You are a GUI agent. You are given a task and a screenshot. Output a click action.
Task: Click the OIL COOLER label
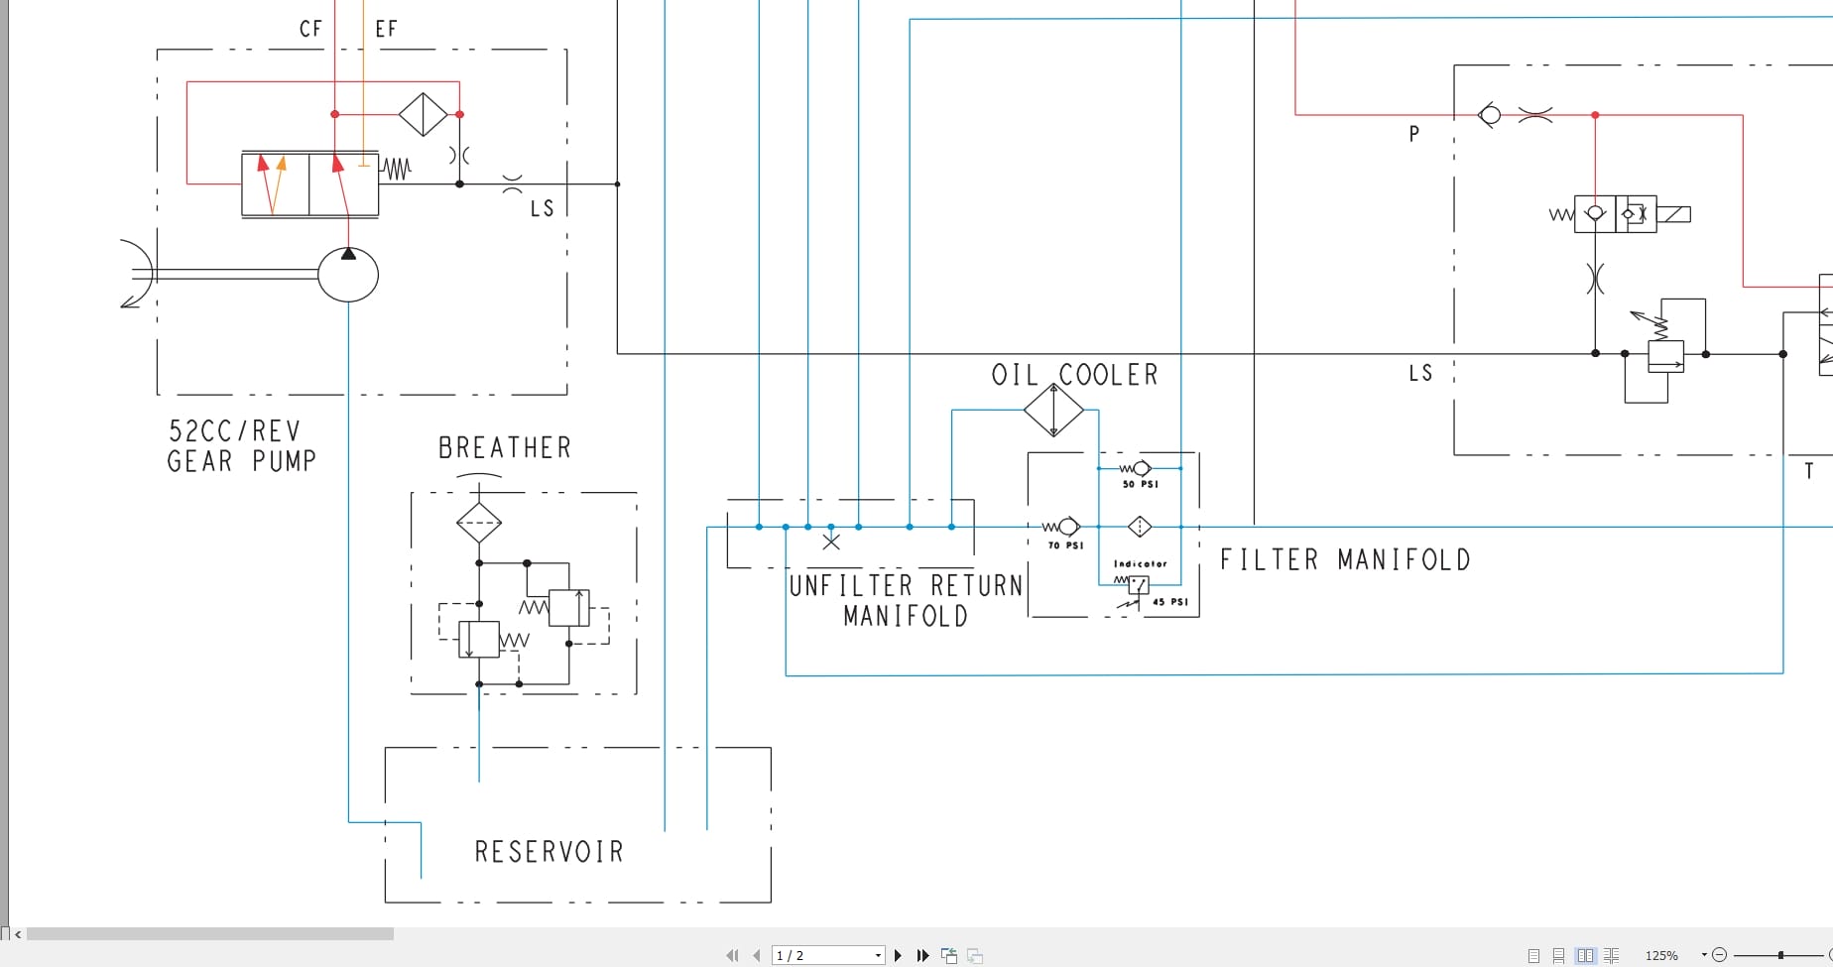(x=1074, y=375)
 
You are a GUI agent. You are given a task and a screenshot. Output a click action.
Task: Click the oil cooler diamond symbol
(x=1053, y=410)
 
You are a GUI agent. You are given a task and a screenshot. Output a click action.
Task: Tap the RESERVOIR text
(x=549, y=852)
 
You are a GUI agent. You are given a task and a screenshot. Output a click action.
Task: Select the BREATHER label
(x=505, y=448)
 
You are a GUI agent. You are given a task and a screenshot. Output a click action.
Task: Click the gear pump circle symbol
(x=348, y=275)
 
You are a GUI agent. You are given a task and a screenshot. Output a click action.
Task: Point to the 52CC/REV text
(x=234, y=431)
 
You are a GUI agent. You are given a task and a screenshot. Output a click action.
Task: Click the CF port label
(x=310, y=29)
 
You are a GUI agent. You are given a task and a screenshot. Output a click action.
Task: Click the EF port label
(x=386, y=29)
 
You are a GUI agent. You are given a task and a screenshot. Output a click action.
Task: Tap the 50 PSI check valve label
(x=1140, y=484)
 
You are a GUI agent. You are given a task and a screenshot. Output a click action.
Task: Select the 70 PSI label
(x=1065, y=545)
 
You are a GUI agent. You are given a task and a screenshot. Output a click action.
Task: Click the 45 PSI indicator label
(x=1169, y=602)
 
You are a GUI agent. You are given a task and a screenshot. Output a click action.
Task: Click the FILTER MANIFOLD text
(x=1344, y=560)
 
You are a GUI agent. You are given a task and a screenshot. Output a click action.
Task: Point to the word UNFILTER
(x=850, y=586)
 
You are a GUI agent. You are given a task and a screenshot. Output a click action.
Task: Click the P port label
(x=1414, y=134)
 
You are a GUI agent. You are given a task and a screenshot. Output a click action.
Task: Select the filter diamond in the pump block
(x=424, y=114)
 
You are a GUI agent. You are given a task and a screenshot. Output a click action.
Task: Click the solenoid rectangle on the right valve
(x=1673, y=214)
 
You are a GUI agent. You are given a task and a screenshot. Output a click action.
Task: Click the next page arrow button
(x=899, y=955)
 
